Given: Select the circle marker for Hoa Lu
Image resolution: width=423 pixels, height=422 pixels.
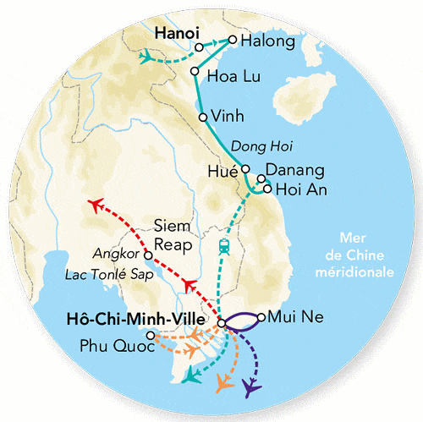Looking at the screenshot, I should coord(195,72).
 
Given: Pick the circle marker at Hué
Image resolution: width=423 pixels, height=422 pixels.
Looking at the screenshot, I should coord(245,168).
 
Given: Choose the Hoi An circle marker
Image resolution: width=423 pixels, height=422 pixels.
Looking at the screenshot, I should coord(267,189).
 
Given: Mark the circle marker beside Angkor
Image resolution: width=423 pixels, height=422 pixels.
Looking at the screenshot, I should coord(148,254).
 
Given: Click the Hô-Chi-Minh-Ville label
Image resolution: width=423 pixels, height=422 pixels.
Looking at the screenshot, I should coord(140,320).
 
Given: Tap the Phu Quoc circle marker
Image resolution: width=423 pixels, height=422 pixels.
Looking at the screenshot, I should coord(151,336).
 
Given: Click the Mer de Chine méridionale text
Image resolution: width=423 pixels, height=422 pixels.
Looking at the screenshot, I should coord(365,255).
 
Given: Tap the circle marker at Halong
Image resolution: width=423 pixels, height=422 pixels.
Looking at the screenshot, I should coord(233,40).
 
